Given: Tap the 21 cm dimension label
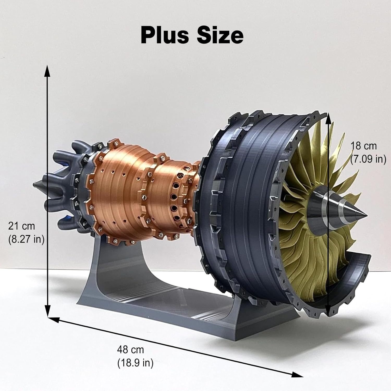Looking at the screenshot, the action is [x=21, y=226].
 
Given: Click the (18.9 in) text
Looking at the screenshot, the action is [x=135, y=363].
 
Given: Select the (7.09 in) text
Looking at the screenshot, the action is [x=368, y=159].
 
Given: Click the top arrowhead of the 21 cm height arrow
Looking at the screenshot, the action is [x=47, y=70].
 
